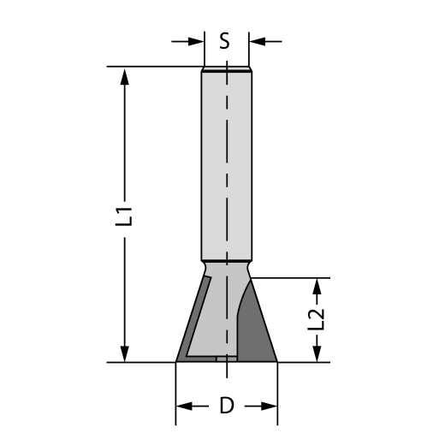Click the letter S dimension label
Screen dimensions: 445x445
(x=225, y=40)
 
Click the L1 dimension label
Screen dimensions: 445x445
(x=125, y=215)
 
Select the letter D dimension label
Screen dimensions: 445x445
(x=227, y=406)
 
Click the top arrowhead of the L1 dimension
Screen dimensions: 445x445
(x=125, y=75)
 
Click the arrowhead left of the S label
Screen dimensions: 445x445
(x=197, y=40)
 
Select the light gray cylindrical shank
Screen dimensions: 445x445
(x=227, y=163)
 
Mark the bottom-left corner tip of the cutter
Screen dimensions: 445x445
(x=176, y=362)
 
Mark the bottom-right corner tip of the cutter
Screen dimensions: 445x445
(x=278, y=362)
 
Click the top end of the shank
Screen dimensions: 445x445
(x=227, y=68)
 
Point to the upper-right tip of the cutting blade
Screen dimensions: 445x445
(x=255, y=277)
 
